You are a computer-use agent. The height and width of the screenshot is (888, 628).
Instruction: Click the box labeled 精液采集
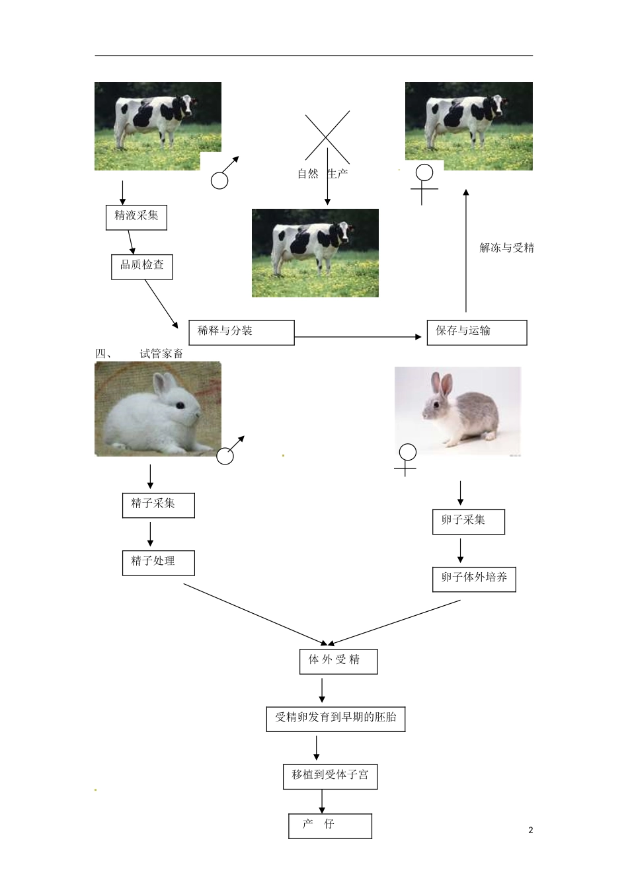click(x=136, y=217)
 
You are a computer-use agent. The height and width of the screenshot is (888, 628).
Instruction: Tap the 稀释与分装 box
click(x=241, y=332)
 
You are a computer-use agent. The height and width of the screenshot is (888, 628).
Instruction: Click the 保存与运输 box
click(x=477, y=332)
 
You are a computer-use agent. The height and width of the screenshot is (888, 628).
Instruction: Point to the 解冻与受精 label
click(x=506, y=248)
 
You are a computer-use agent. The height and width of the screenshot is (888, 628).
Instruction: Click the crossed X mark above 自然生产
click(x=327, y=137)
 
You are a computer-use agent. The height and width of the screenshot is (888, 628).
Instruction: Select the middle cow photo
click(x=315, y=253)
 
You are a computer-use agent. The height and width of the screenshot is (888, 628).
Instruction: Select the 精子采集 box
click(x=158, y=505)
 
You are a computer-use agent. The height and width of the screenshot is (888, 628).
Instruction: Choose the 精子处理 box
click(x=158, y=563)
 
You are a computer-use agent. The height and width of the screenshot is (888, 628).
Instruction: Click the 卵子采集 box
click(x=468, y=522)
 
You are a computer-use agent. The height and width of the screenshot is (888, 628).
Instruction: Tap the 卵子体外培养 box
click(x=474, y=579)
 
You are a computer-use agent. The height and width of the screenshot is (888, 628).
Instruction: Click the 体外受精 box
click(x=338, y=661)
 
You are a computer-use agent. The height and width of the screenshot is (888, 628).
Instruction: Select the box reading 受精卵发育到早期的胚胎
click(x=336, y=719)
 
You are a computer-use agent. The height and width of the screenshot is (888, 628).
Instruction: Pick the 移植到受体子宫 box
click(x=330, y=776)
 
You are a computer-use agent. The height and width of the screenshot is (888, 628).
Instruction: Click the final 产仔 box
click(x=330, y=826)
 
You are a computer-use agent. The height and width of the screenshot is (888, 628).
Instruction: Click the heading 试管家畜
click(x=161, y=354)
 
